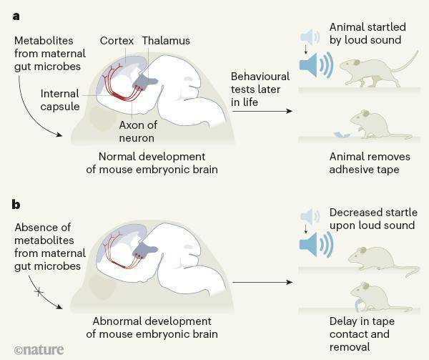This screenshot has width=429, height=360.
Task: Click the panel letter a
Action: click(x=16, y=16)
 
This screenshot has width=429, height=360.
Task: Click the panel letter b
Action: click(x=16, y=204)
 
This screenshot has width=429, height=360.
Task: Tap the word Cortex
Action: click(x=117, y=41)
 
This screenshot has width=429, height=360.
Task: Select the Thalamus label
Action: click(x=166, y=41)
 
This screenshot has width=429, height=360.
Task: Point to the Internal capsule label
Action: click(x=60, y=100)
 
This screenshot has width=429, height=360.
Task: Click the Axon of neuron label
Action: click(x=138, y=132)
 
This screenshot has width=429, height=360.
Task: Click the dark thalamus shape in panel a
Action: click(x=144, y=80)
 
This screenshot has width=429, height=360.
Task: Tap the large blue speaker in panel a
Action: click(x=316, y=65)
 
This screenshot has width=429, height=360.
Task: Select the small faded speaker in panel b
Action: click(x=310, y=216)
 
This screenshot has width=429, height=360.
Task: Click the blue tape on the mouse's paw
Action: click(x=359, y=306)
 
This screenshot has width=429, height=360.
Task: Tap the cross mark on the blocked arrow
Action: click(x=39, y=292)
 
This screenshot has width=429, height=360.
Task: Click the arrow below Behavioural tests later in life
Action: click(x=262, y=111)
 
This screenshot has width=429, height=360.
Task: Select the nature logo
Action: click(x=39, y=350)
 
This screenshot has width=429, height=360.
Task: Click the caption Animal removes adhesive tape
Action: click(x=370, y=163)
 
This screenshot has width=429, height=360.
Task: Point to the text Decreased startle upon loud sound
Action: click(x=373, y=219)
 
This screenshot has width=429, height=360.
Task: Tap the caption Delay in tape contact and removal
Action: click(x=362, y=334)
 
